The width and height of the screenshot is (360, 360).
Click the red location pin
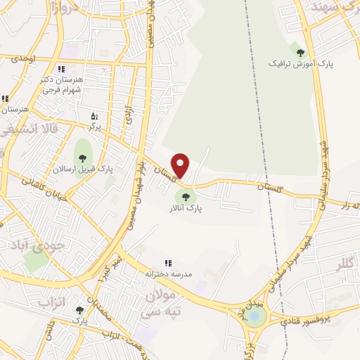click(x=181, y=165)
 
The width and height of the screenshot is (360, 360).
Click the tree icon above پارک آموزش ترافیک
click(x=301, y=51)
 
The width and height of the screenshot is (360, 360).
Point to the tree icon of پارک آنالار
click(x=186, y=198)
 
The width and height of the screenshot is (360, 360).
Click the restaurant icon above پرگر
click(x=95, y=116)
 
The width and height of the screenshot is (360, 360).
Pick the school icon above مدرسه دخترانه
click(x=168, y=263)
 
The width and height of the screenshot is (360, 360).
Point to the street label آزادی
click(x=129, y=117)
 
